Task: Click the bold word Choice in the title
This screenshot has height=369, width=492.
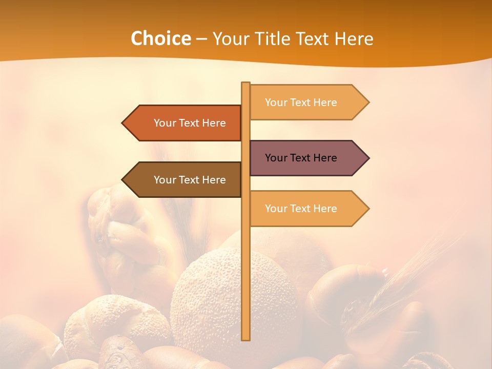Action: pyautogui.click(x=160, y=38)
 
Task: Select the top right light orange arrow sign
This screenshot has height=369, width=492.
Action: pyautogui.click(x=307, y=102)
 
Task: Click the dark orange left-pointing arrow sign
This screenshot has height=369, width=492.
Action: pyautogui.click(x=184, y=123)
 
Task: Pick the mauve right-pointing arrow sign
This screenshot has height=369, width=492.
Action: pyautogui.click(x=307, y=158)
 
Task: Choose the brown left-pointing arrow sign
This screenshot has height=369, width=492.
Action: pyautogui.click(x=184, y=179)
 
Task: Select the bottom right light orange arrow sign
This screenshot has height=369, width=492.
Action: pyautogui.click(x=307, y=208)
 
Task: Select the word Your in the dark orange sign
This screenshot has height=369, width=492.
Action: pyautogui.click(x=165, y=123)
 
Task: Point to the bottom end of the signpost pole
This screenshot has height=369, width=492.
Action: pyautogui.click(x=246, y=338)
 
